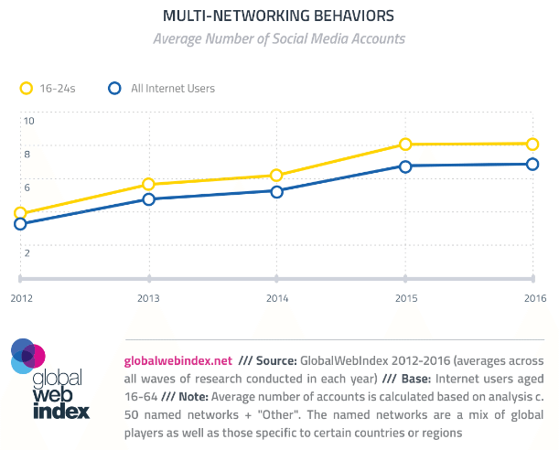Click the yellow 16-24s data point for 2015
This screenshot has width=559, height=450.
click(404, 145)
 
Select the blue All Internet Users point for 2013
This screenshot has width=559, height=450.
click(148, 199)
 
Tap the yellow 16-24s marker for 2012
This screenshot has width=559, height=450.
click(20, 213)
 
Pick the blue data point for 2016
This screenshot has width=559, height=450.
click(532, 165)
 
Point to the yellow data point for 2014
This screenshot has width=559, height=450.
click(276, 176)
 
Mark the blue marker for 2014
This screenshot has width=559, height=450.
click(276, 191)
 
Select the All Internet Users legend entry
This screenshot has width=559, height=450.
click(162, 89)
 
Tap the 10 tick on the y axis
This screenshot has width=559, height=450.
click(29, 121)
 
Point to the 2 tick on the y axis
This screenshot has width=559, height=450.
click(28, 252)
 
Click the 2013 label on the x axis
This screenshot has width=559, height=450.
click(148, 298)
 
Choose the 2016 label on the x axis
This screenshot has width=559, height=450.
click(534, 298)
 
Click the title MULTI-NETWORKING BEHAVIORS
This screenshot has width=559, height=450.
click(278, 16)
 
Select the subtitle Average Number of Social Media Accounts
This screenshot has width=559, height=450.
click(278, 38)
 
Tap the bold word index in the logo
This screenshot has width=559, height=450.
click(60, 409)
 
